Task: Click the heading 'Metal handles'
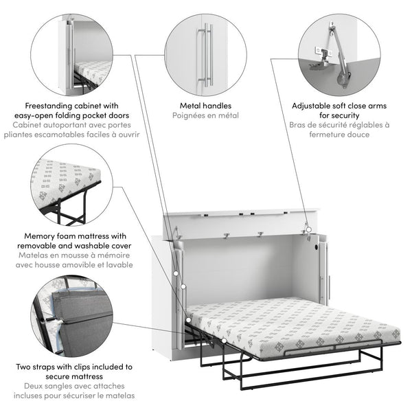[x=205, y=106]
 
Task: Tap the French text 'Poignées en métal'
[x=205, y=116]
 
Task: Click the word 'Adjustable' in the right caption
[x=314, y=106]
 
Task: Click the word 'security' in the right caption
[x=340, y=116]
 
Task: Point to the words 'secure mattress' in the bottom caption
[x=72, y=377]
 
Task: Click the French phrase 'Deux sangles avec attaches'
[x=70, y=387]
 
